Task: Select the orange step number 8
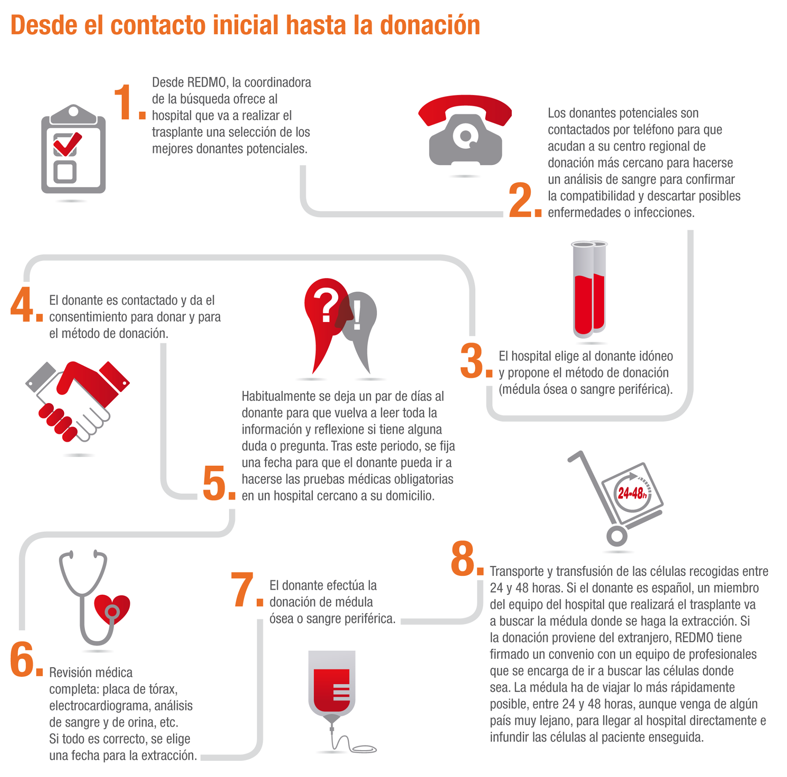point(463,558)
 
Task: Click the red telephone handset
point(465,109)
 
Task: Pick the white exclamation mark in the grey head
point(357,315)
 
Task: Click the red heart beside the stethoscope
point(112,609)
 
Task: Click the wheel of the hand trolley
point(617,536)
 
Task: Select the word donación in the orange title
point(430,25)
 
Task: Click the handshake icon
point(77,401)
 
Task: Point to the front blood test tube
point(583,290)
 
